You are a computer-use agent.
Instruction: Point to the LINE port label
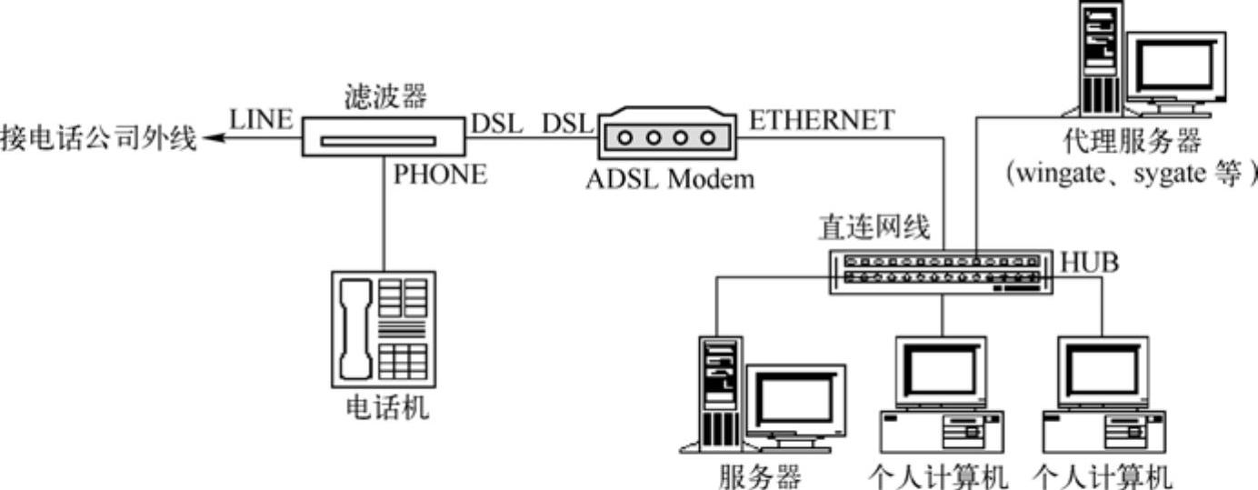pyautogui.click(x=262, y=119)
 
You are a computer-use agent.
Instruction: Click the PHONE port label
pyautogui.click(x=439, y=175)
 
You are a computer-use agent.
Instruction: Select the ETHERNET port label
pyautogui.click(x=820, y=119)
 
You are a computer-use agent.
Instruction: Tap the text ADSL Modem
pyautogui.click(x=669, y=178)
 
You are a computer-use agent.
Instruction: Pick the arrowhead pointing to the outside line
pyautogui.click(x=211, y=139)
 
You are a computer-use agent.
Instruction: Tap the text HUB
pyautogui.click(x=1089, y=264)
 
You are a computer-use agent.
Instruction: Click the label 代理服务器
pyautogui.click(x=1131, y=141)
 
